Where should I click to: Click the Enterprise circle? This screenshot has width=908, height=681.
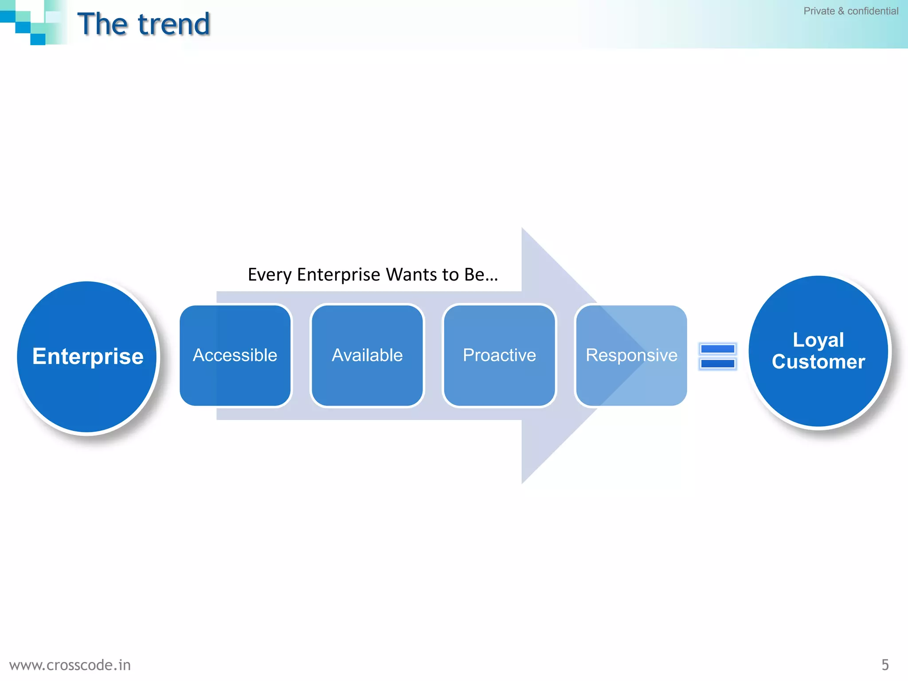point(87,356)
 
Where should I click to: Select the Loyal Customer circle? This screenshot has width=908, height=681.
point(818,351)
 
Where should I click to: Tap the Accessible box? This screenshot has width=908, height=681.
point(235,355)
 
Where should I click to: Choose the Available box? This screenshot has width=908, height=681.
point(367,355)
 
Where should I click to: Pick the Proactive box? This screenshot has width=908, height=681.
point(499,355)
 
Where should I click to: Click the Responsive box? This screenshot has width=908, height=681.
point(631,355)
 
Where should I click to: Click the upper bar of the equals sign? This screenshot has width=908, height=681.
point(718,349)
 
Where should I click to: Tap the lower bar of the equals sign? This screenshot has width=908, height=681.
point(718,364)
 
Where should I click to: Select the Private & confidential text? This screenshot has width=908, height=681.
point(851,11)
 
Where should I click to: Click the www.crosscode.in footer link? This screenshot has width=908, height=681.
point(70,665)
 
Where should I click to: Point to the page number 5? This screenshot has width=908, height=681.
point(885,665)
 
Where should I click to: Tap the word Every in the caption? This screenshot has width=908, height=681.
point(270,275)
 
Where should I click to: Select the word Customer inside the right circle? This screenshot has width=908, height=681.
point(818,362)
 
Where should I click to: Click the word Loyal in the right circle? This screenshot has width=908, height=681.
point(818,340)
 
